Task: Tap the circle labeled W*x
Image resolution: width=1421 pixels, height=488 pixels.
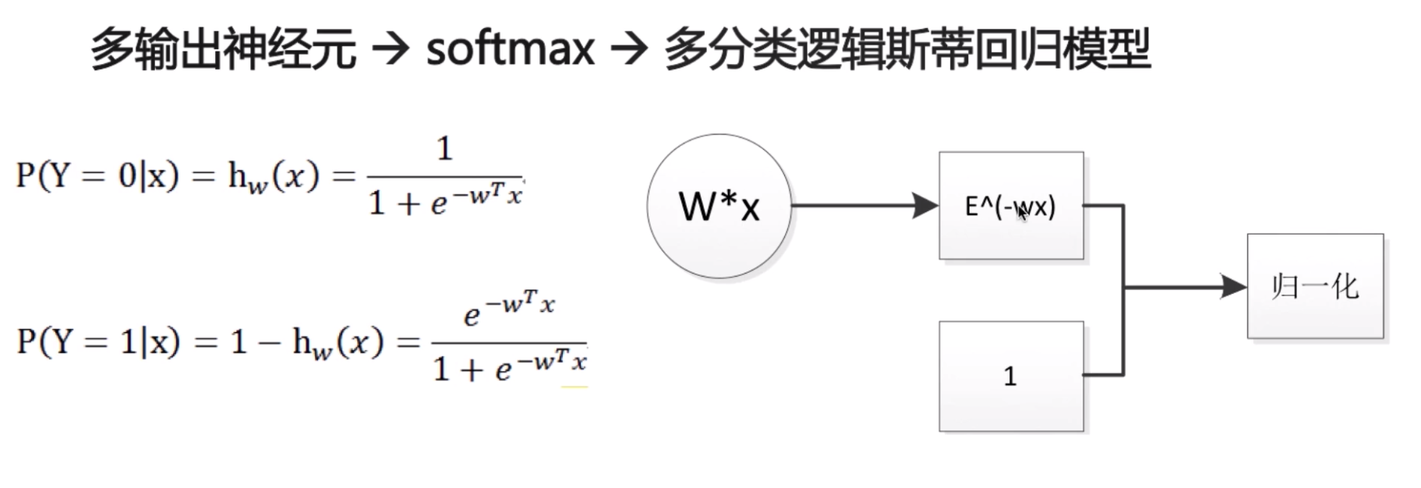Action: click(x=719, y=206)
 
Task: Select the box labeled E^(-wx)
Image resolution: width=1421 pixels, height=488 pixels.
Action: click(x=1011, y=206)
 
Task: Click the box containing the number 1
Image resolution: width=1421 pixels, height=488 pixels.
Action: click(x=1011, y=376)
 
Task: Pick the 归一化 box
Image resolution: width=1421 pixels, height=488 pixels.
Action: click(x=1315, y=286)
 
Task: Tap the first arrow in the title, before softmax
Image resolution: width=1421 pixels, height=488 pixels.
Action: click(x=390, y=50)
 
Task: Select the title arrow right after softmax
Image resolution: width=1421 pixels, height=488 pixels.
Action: click(x=629, y=50)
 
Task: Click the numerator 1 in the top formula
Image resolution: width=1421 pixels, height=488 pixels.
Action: click(x=444, y=148)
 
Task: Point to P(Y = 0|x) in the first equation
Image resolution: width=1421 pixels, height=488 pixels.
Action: click(x=97, y=176)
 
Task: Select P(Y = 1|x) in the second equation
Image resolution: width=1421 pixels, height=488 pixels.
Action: click(x=98, y=341)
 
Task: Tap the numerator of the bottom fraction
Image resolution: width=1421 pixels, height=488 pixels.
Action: click(x=509, y=307)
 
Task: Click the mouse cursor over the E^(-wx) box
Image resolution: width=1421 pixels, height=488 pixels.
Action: click(x=1023, y=213)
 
